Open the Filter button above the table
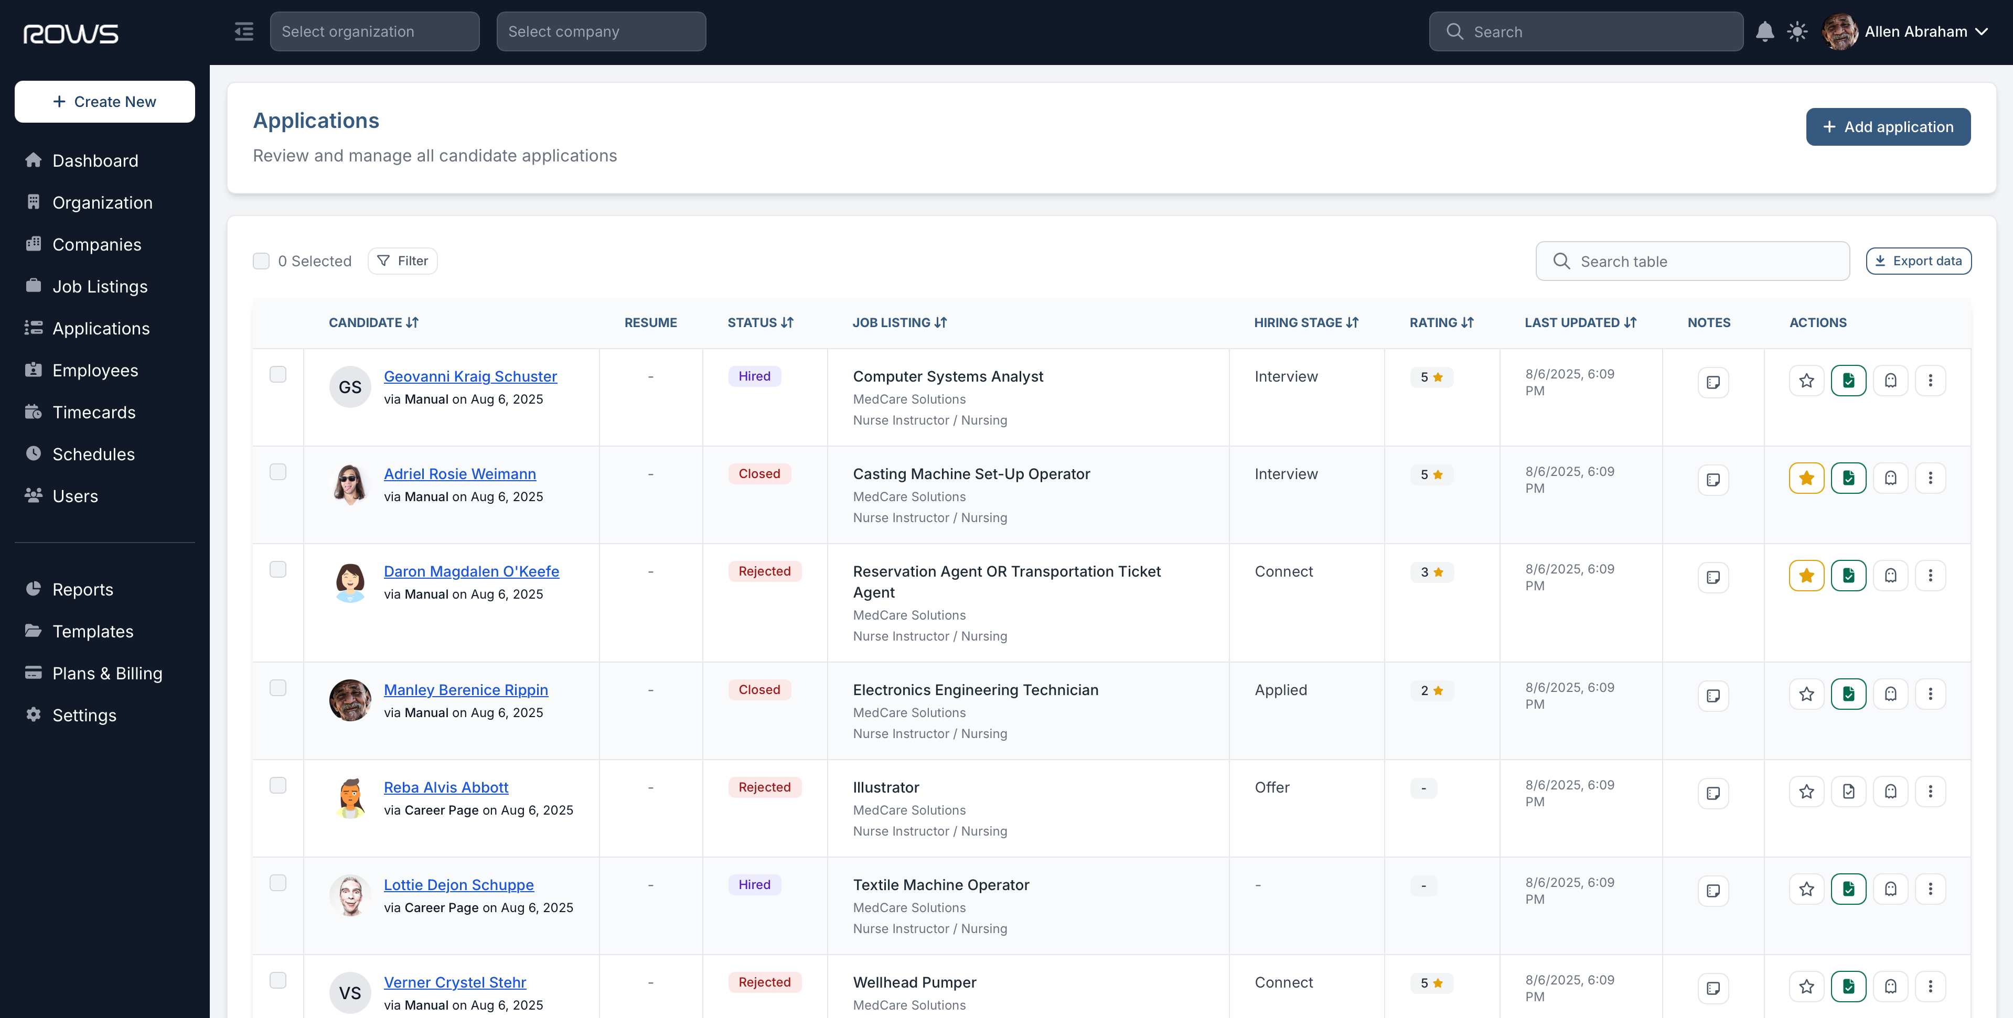(402, 261)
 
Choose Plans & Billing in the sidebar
(107, 674)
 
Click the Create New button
(105, 102)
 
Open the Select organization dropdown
(374, 31)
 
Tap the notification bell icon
(1764, 31)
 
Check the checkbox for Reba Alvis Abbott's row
(277, 785)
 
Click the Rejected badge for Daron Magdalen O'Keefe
(764, 571)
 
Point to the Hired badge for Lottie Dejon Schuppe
(754, 884)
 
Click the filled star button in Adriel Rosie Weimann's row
(1806, 478)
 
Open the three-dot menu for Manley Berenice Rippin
(1930, 694)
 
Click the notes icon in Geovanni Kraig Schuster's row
(1713, 382)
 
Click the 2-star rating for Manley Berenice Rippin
(1431, 691)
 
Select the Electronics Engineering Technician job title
(975, 690)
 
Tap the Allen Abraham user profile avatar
(1839, 31)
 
